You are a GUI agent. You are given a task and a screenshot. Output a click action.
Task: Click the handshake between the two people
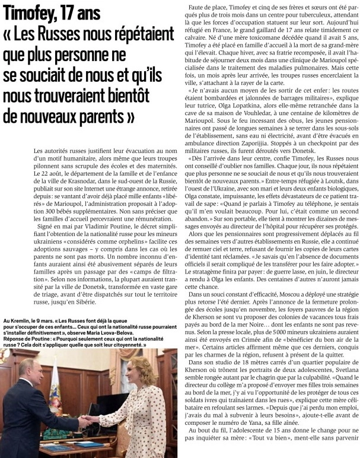(x=89, y=419)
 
